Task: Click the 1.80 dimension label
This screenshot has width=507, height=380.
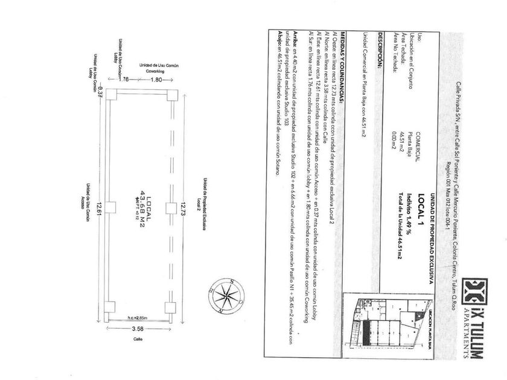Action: [156, 79]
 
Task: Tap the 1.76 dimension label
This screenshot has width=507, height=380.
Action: [124, 79]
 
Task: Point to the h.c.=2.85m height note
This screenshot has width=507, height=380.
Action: [138, 317]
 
